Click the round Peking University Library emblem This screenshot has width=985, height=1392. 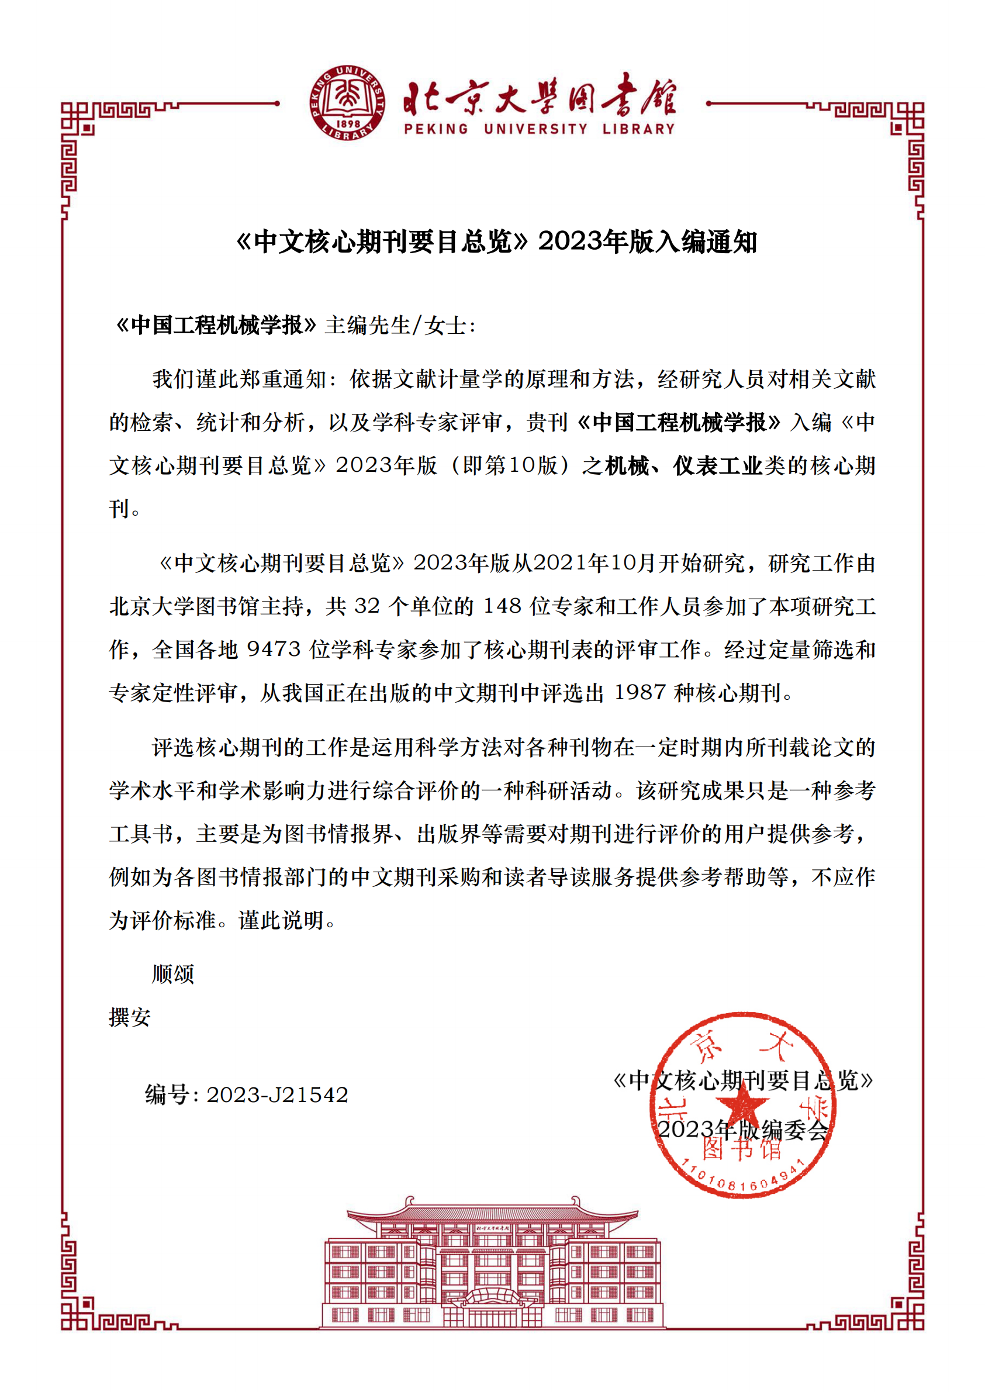[x=346, y=103]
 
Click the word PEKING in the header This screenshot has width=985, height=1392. [x=436, y=129]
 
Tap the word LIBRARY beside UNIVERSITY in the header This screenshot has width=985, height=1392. [x=638, y=129]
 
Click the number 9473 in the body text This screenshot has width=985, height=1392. [x=274, y=650]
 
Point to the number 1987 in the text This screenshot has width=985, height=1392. [x=640, y=693]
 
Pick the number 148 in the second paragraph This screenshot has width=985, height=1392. [x=502, y=606]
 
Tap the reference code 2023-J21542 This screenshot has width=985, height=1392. [x=277, y=1095]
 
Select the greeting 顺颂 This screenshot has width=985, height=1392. [x=173, y=974]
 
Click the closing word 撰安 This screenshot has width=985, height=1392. [x=130, y=1017]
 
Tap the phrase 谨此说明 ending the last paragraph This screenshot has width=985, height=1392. [x=282, y=920]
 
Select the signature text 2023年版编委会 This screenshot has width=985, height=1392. [x=744, y=1130]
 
